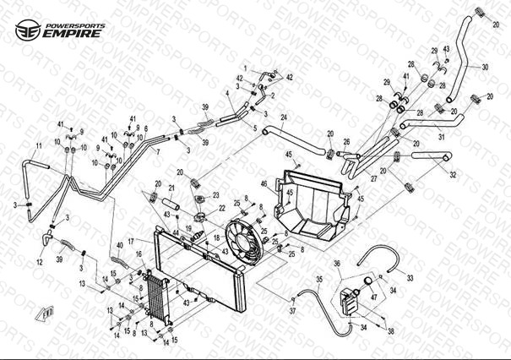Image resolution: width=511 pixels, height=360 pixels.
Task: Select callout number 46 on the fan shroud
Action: point(264,184)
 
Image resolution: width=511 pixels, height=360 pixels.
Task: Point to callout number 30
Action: point(485,67)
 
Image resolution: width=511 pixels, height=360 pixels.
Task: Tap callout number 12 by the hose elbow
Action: point(39,262)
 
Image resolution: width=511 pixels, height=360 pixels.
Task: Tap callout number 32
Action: point(453,176)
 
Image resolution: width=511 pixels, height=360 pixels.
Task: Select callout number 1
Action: point(245,68)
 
